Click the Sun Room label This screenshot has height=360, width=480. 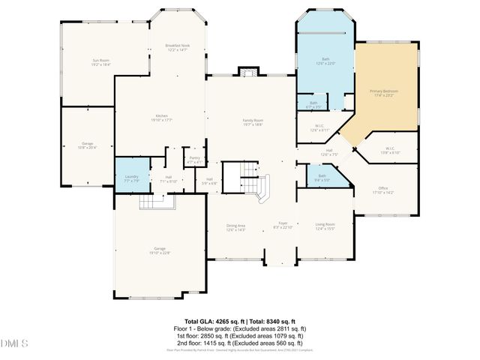(101, 62)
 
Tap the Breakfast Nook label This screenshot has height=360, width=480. (178, 47)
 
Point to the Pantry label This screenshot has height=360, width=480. (194, 160)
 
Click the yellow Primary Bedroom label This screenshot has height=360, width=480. (383, 93)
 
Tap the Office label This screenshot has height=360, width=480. (382, 190)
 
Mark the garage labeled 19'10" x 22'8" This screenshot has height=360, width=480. (160, 250)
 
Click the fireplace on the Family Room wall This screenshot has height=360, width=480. (248, 72)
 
